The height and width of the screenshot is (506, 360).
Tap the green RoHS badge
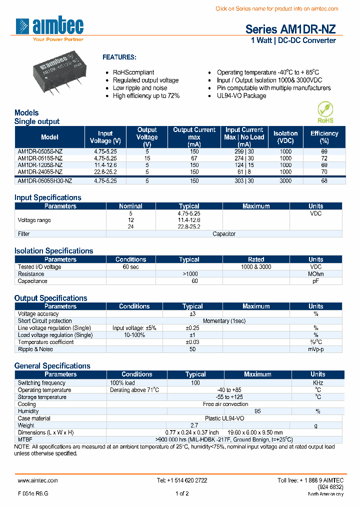point(324,112)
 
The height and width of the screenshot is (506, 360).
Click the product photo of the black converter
point(60,74)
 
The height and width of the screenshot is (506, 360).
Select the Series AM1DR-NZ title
point(290,29)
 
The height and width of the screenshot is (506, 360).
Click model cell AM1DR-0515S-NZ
point(40,158)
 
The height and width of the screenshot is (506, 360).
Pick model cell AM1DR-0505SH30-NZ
point(45,181)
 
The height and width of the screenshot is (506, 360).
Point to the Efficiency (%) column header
point(324,137)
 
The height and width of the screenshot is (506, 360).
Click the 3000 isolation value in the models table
point(285,181)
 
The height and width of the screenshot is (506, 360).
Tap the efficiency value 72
point(324,158)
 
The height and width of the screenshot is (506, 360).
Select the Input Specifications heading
point(47,197)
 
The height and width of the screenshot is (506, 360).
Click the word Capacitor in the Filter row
point(223,234)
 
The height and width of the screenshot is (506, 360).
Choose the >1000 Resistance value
point(190,274)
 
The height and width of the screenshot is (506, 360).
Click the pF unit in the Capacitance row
point(315,281)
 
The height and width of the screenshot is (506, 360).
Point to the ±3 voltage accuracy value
point(192,314)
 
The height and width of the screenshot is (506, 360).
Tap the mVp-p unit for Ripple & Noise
point(315,349)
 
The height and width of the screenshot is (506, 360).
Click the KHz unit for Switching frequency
point(317,383)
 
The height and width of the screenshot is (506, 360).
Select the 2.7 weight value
point(195,425)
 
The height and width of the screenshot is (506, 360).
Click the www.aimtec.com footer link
point(37,480)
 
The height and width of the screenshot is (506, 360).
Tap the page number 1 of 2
point(182,493)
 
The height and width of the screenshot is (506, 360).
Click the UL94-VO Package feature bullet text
point(241,95)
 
